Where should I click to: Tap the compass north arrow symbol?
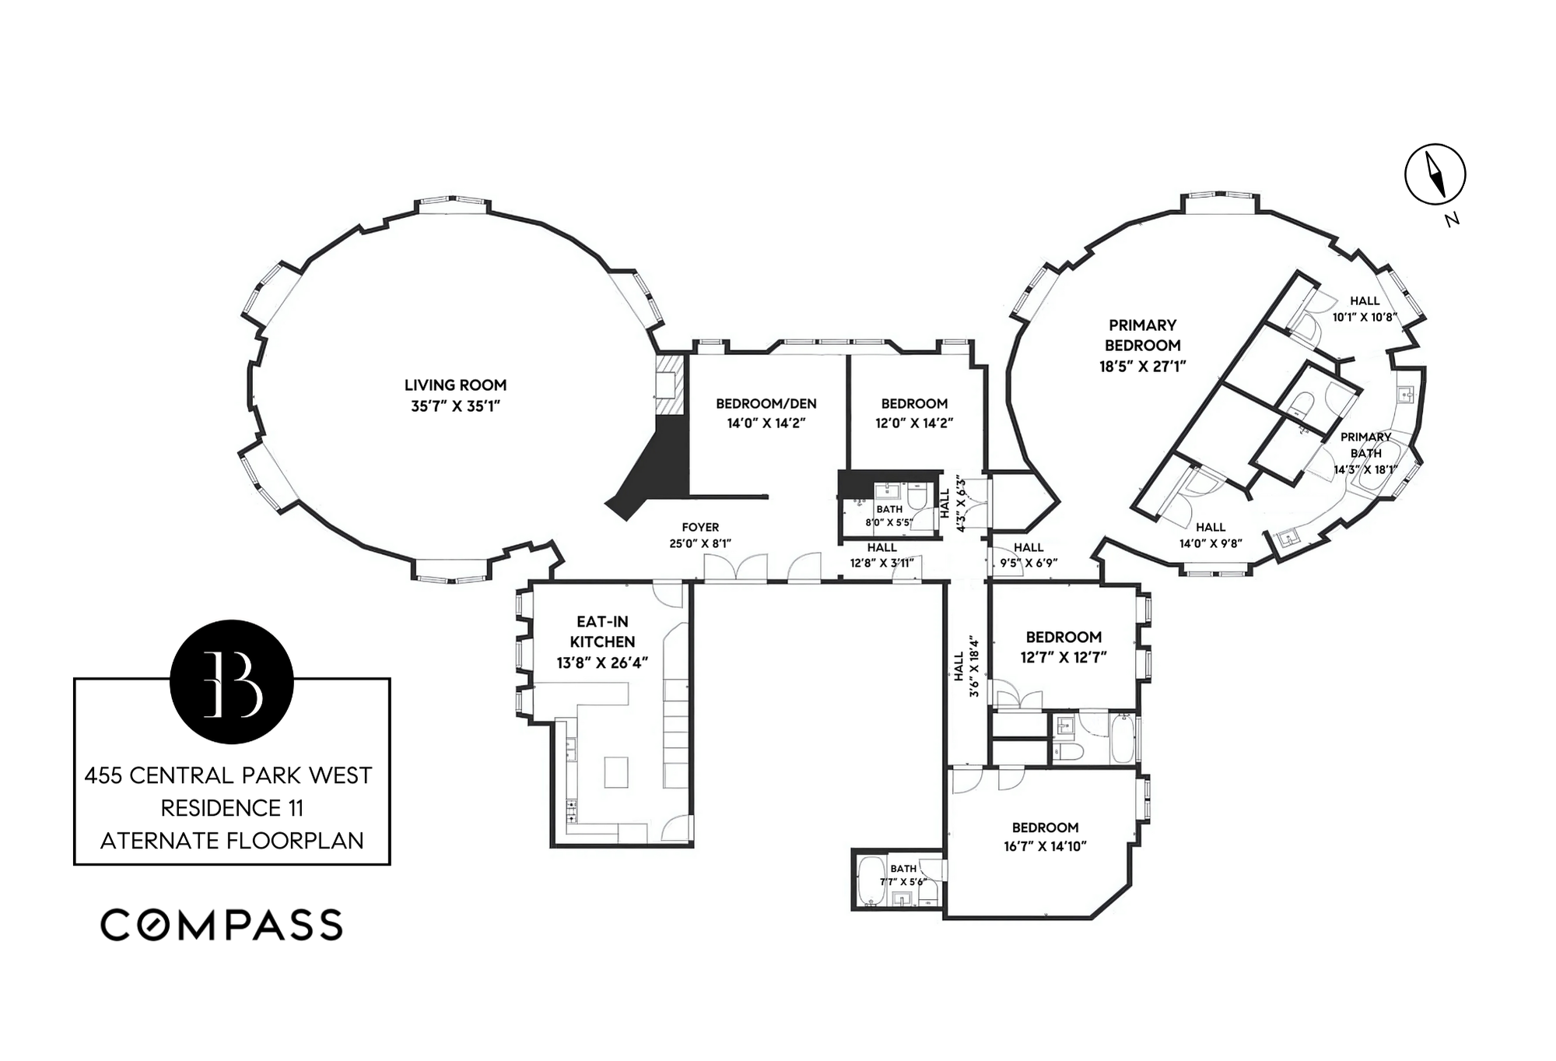tap(1435, 174)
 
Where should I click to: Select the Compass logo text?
tap(222, 925)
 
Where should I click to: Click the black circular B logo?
tap(231, 681)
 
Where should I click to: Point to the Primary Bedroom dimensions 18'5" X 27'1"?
tap(1142, 366)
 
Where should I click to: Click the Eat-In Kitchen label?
tap(602, 631)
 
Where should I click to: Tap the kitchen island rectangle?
tap(615, 772)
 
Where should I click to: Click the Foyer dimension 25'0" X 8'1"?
tap(700, 543)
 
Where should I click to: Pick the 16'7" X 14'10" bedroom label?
tap(1045, 837)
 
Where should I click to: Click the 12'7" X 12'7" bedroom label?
tap(1064, 647)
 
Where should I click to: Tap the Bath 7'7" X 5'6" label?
tap(902, 875)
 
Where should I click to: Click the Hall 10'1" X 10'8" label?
tap(1365, 309)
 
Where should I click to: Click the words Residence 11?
tap(232, 808)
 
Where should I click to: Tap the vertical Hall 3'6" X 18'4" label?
tap(965, 666)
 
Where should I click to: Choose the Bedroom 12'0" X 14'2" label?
tap(914, 413)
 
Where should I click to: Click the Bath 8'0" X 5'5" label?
tap(889, 515)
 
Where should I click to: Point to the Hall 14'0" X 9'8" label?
tap(1211, 536)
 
